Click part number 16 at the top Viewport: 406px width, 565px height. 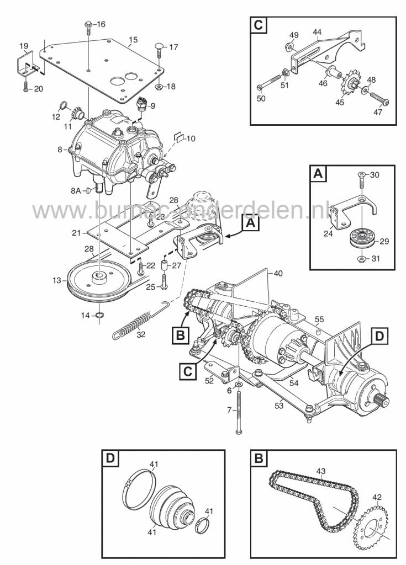click(x=101, y=24)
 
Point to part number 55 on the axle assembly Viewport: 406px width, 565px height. click(x=319, y=319)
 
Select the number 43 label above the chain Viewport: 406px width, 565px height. click(x=321, y=470)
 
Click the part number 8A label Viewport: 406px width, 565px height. click(x=75, y=191)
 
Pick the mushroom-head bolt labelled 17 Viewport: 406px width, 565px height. click(x=159, y=47)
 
